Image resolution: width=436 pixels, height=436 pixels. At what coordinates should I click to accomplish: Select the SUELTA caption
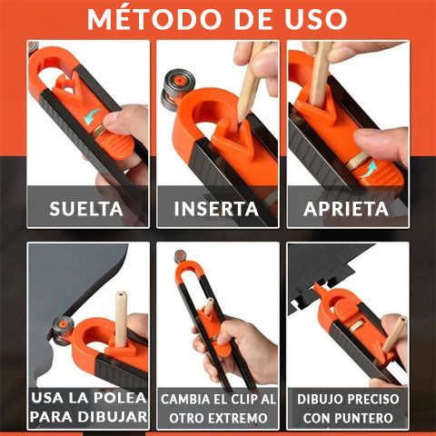pyautogui.click(x=87, y=208)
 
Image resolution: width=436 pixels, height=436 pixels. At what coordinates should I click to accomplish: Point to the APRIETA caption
pyautogui.click(x=346, y=208)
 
